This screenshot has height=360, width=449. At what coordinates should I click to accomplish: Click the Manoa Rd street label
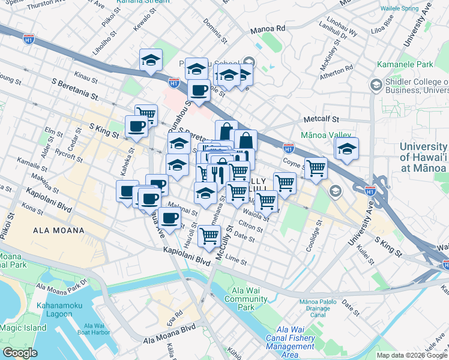click(268, 28)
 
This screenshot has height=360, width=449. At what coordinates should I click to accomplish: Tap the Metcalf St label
click(322, 119)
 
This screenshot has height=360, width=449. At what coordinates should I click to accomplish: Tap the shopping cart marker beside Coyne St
click(316, 169)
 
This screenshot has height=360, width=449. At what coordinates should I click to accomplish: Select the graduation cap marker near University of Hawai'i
click(346, 149)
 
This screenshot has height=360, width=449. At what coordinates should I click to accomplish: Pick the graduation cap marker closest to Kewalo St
click(151, 60)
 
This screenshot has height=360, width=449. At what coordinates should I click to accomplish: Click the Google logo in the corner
click(20, 353)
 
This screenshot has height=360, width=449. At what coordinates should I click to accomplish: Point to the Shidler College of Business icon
click(376, 85)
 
